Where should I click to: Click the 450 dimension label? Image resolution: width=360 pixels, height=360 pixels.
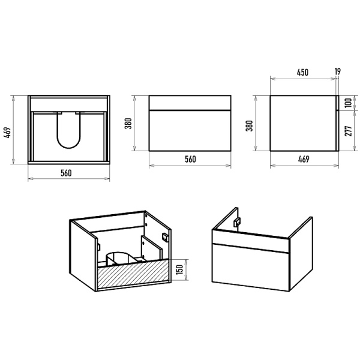click(302, 73)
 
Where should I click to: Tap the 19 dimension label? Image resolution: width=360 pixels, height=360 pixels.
click(337, 71)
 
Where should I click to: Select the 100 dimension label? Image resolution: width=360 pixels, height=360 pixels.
click(348, 103)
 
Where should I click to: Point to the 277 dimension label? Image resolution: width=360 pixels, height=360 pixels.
click(348, 131)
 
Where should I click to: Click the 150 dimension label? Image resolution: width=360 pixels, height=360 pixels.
click(179, 269)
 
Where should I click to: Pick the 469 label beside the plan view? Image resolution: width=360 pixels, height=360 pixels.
click(7, 133)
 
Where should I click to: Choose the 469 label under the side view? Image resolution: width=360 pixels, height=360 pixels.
click(304, 159)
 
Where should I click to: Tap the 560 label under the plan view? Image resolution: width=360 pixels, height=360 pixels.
click(66, 173)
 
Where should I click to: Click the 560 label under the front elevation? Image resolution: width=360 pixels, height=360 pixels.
click(190, 159)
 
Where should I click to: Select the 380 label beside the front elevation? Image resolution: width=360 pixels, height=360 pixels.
click(128, 123)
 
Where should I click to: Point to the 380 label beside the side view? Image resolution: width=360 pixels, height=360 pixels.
click(249, 125)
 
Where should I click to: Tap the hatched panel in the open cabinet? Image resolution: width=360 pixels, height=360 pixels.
click(134, 273)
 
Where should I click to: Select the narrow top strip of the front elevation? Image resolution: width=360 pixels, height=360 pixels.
click(190, 103)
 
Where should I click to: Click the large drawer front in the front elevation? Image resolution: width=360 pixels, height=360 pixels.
click(190, 131)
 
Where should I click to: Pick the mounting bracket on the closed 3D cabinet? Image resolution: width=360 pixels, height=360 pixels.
click(237, 222)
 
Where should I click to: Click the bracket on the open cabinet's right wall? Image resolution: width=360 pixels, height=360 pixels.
click(165, 237)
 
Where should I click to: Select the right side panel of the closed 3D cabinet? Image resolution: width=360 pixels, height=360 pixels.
click(301, 253)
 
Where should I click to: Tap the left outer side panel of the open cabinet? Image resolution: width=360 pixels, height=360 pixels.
click(83, 255)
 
